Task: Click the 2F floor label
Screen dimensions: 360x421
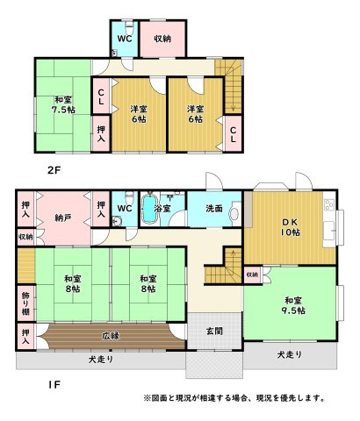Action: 54,170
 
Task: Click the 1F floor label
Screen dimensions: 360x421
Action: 54,385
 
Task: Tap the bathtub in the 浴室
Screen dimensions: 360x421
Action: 149,209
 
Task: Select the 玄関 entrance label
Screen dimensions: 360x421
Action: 214,332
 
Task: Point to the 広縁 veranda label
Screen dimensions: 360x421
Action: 111,336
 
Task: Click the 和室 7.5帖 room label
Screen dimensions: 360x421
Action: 63,104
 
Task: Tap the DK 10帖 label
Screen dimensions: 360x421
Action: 290,227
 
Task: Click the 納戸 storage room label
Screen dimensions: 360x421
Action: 63,218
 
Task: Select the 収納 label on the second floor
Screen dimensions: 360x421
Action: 162,39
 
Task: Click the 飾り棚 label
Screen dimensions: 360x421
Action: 25,303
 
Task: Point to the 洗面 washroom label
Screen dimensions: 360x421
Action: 214,209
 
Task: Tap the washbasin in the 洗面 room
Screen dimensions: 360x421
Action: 234,214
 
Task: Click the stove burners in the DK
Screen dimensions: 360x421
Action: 329,204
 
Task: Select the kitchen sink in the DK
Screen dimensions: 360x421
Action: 329,231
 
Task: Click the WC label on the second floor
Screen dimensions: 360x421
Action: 125,39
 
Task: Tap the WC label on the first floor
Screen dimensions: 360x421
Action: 125,209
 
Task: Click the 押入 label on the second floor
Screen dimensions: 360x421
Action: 101,134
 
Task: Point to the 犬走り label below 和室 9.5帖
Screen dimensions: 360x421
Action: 290,354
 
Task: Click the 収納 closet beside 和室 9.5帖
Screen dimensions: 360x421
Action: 252,275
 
